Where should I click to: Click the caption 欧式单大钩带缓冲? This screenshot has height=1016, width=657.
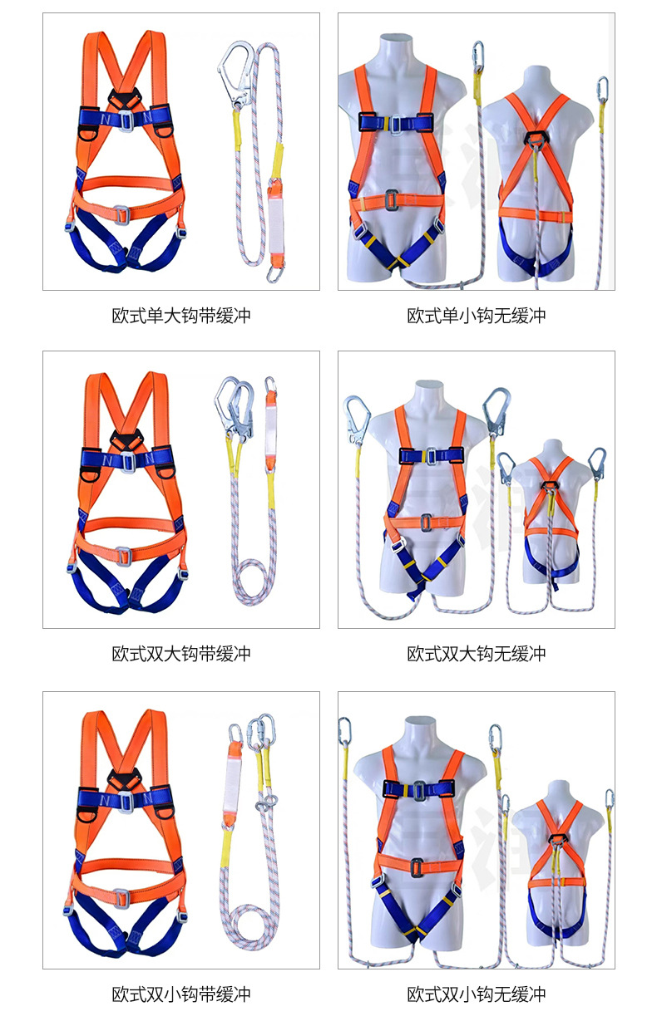pos(181,316)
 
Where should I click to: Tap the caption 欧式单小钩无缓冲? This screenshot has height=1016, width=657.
pos(477,316)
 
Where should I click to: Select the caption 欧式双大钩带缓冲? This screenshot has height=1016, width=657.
pos(181,654)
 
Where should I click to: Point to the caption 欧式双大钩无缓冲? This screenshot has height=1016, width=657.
pos(477,654)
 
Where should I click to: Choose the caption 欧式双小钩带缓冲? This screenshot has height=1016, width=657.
pos(181,994)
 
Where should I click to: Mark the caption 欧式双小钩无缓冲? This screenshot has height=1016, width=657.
pos(477,994)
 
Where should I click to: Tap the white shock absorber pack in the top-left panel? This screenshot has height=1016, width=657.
pos(275,223)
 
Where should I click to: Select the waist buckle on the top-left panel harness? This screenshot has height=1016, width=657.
pos(121,214)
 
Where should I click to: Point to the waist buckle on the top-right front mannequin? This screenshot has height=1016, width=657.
pos(391,200)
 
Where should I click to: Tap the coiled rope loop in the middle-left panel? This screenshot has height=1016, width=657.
pos(254,582)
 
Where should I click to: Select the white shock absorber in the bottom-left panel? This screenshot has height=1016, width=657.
pos(235,783)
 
